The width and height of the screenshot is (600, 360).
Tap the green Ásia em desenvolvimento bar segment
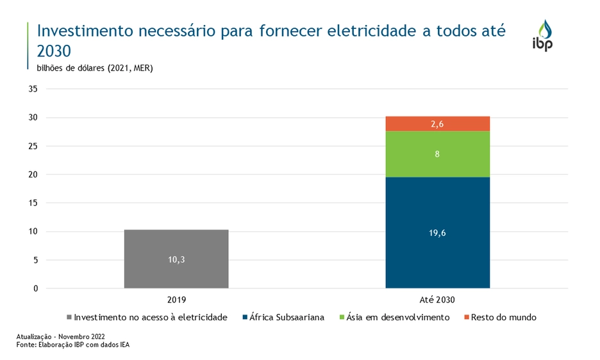437,154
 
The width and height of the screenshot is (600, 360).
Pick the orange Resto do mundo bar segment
437,124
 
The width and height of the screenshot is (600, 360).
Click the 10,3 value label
176,259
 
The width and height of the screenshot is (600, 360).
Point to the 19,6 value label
437,233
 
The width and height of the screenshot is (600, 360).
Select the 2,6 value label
437,124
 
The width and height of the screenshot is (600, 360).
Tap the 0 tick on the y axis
36,288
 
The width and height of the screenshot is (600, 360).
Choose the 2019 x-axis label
176,300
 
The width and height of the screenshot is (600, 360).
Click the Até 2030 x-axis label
437,300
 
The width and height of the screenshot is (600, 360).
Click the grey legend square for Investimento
69,317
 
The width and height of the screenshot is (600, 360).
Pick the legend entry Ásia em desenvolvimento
397,317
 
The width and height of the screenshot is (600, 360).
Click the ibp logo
543,35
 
